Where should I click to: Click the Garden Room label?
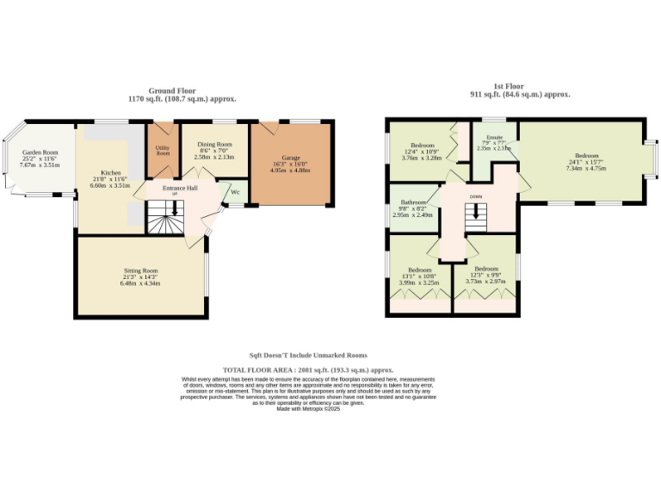40,152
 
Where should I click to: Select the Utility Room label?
162,151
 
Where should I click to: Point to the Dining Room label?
214,145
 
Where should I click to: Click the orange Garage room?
290,164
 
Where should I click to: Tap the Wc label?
234,192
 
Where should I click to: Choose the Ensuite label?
494,137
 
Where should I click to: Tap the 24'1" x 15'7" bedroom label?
586,156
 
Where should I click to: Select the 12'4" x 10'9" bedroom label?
422,146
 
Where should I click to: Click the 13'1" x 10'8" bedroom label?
418,269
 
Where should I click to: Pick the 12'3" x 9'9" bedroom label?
485,269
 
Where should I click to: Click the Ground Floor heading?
181,90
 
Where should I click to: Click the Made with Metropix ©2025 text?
308,409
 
